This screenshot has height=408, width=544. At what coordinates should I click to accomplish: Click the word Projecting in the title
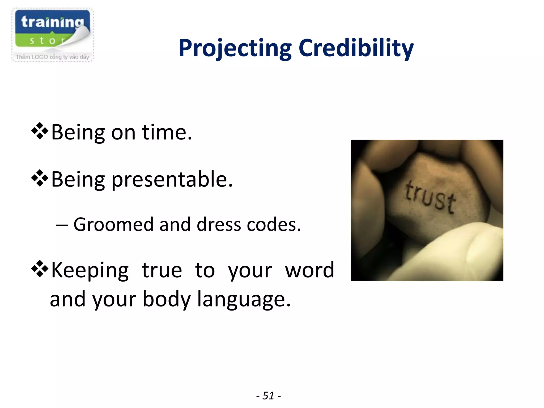point(235,48)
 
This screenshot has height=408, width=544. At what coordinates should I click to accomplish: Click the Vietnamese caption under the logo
point(52,57)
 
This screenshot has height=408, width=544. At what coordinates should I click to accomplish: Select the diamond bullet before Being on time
point(40,131)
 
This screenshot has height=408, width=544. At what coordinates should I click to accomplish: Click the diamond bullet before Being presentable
point(40,178)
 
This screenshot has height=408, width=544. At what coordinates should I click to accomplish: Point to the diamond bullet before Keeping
point(40,269)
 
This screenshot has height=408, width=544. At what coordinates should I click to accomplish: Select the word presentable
point(172,179)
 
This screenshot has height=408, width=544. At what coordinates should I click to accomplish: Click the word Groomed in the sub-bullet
point(113,224)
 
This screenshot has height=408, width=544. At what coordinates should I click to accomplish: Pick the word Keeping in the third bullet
point(90,270)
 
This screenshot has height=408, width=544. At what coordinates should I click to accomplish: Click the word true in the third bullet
point(162,270)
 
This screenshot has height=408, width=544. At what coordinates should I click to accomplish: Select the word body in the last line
point(167,299)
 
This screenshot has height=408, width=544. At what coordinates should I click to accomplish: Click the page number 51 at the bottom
point(268,396)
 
